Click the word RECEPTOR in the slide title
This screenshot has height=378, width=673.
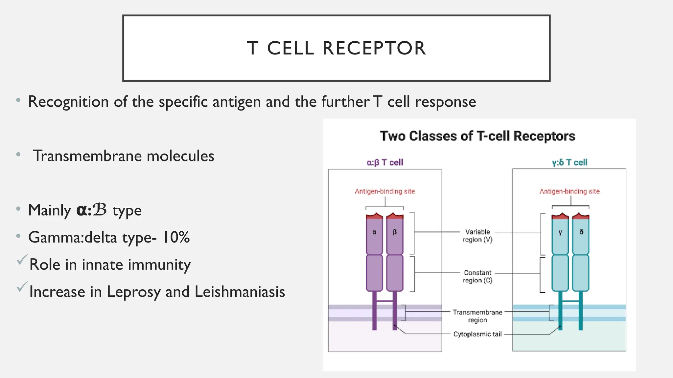pyautogui.click(x=374, y=48)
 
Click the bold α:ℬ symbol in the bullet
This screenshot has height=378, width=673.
pyautogui.click(x=91, y=210)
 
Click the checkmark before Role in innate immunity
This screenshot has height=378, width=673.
pyautogui.click(x=22, y=260)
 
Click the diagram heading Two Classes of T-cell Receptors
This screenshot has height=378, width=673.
pyautogui.click(x=477, y=136)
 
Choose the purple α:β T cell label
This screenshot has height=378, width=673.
pyautogui.click(x=385, y=162)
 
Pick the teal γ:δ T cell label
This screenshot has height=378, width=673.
pyautogui.click(x=569, y=162)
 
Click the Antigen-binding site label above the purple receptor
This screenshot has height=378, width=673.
pyautogui.click(x=385, y=191)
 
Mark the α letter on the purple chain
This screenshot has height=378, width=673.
pyautogui.click(x=374, y=232)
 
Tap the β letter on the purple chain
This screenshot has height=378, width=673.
pyautogui.click(x=395, y=232)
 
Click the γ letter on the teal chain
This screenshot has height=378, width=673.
pyautogui.click(x=560, y=232)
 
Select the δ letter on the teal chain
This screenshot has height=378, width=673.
pyautogui.click(x=581, y=232)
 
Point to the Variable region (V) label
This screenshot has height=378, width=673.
pyautogui.click(x=477, y=236)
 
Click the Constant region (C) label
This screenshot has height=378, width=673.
pyautogui.click(x=477, y=276)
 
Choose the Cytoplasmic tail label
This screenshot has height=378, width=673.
pyautogui.click(x=477, y=334)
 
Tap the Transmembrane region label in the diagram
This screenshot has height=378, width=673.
pyautogui.click(x=477, y=316)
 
